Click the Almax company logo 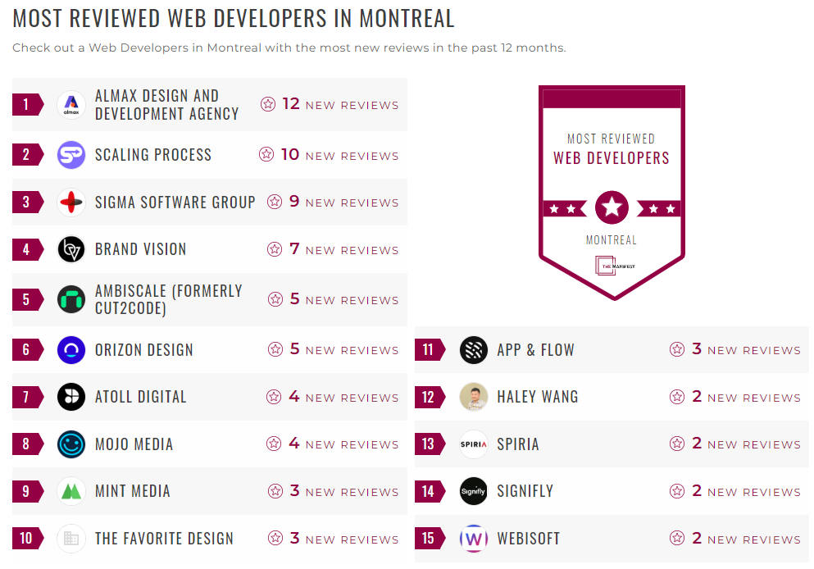click(71, 105)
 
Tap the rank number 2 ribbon click(27, 155)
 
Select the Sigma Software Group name click(175, 202)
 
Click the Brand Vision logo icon click(71, 249)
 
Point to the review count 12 click(291, 104)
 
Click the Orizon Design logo click(71, 350)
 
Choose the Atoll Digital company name click(140, 397)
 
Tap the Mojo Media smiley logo click(71, 444)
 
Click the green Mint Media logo click(71, 491)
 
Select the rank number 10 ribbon click(27, 539)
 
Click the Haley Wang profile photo click(474, 397)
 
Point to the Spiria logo click(474, 444)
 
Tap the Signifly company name click(525, 491)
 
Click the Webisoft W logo click(474, 539)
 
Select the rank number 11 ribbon click(429, 350)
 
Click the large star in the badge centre click(612, 207)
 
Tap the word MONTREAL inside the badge click(612, 240)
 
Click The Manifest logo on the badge click(612, 266)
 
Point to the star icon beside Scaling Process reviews click(266, 154)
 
